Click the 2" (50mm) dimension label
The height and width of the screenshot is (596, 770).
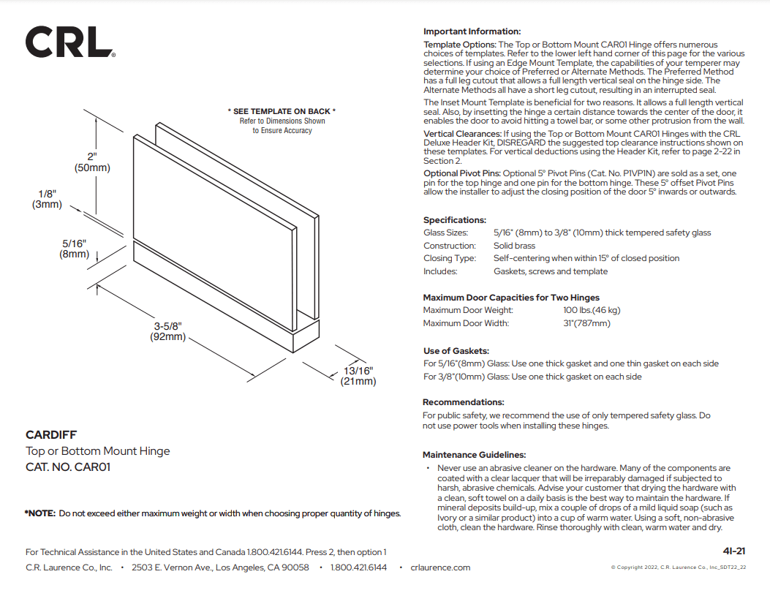coord(92,162)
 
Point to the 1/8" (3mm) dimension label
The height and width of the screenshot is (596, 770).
coord(47,199)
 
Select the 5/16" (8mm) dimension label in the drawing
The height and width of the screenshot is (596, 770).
coord(74,249)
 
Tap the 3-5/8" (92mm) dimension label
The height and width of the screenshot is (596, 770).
coord(167,331)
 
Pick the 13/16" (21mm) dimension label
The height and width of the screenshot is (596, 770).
coord(358,376)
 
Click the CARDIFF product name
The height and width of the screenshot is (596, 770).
coord(51,435)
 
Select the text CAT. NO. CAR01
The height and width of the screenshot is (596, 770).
coord(68,467)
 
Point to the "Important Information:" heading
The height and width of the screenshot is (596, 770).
coord(472,31)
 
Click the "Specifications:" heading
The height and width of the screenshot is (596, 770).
coord(454,220)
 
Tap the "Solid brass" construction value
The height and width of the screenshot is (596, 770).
coord(514,246)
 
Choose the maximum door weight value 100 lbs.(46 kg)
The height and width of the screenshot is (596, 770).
coord(592,310)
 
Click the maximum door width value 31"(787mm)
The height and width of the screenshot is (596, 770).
coord(586,323)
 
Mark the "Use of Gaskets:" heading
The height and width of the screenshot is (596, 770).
coord(456,351)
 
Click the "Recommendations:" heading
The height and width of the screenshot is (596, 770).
coord(464,402)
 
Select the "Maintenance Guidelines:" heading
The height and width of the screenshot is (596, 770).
coord(474,455)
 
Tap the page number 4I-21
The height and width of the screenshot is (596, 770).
coord(733,551)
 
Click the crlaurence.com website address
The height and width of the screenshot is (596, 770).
coord(440,567)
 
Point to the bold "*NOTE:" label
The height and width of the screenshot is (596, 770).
coord(40,513)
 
